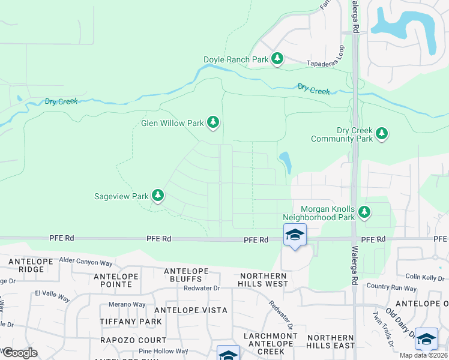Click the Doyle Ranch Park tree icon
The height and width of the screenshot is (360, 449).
(277, 58)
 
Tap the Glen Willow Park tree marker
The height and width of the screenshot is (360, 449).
(213, 122)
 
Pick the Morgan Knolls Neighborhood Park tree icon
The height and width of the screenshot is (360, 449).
(364, 211)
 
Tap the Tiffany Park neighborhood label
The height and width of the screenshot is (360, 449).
(136, 322)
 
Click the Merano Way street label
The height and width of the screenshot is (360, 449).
(127, 304)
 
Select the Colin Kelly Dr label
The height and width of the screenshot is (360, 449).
(426, 277)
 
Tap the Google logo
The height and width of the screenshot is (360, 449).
(20, 352)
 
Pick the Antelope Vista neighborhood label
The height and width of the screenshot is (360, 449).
(191, 310)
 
